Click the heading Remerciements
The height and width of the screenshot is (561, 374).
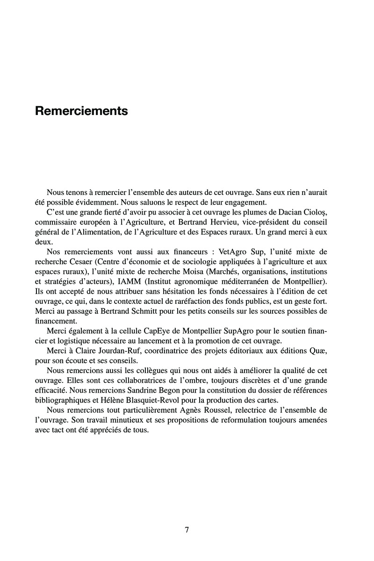click(81, 112)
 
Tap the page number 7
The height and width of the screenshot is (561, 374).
click(187, 530)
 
